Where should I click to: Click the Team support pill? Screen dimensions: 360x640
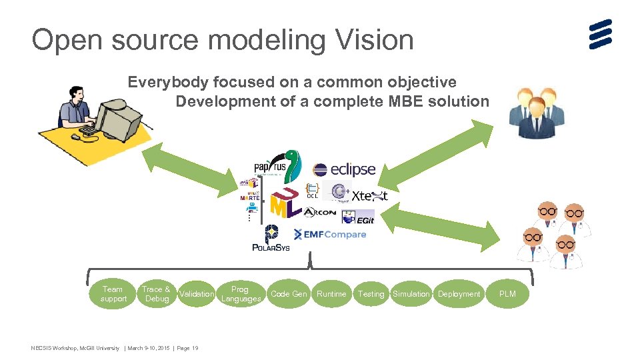click(x=113, y=294)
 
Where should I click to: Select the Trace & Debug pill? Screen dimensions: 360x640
click(x=156, y=294)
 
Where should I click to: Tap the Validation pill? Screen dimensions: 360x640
click(x=197, y=294)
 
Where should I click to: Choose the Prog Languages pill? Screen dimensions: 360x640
click(x=240, y=294)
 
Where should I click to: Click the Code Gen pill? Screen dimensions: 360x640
click(x=289, y=294)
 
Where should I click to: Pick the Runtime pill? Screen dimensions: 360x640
click(x=331, y=294)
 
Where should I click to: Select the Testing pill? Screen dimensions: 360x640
click(x=371, y=294)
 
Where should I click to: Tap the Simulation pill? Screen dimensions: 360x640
click(x=411, y=294)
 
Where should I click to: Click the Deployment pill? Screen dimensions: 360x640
click(x=459, y=294)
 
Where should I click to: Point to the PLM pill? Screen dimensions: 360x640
click(x=507, y=294)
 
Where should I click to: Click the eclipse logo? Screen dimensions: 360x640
click(x=344, y=170)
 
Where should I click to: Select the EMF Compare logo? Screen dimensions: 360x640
click(x=330, y=235)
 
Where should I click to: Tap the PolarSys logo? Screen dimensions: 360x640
click(x=271, y=239)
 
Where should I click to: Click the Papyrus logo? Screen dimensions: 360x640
click(x=277, y=167)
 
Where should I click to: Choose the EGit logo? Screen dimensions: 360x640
click(x=358, y=217)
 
